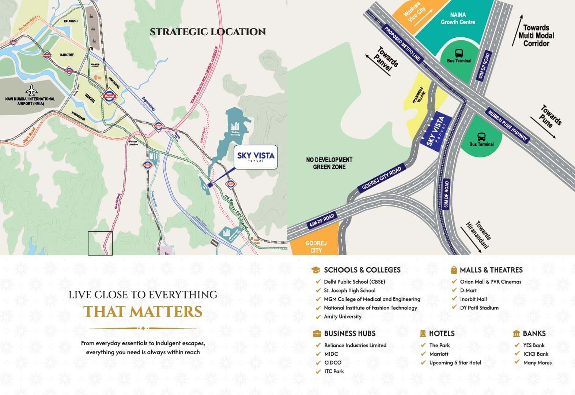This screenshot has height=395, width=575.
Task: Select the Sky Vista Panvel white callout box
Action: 256,157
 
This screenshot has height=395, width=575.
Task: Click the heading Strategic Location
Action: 208,32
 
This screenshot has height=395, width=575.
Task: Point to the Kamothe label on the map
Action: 67,55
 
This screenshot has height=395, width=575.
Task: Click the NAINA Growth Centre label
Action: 458,18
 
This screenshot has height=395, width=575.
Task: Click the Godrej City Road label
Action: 381,178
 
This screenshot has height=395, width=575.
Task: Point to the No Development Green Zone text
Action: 329,163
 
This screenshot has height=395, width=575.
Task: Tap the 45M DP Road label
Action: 322,221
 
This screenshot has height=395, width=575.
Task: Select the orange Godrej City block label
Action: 316,247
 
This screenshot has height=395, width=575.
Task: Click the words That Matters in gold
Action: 143,312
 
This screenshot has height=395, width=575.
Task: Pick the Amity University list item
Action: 343,317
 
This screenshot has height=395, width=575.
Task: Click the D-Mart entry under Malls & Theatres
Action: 468,290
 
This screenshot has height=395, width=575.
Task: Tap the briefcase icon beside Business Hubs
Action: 317,333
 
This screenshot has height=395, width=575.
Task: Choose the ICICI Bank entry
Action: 536,354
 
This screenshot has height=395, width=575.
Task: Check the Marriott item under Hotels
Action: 439,354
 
